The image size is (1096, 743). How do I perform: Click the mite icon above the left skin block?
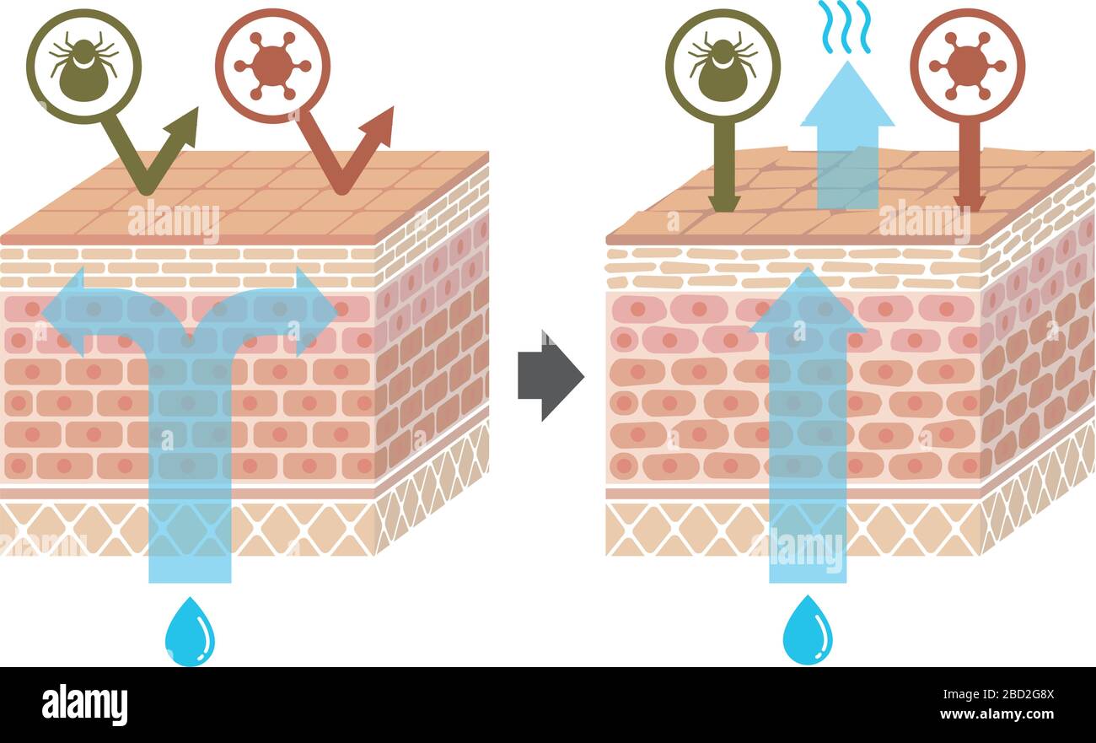click(83, 67)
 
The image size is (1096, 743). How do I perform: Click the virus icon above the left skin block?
click(272, 66)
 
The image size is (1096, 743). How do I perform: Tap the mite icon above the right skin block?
click(723, 67)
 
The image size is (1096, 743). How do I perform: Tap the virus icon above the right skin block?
click(967, 66)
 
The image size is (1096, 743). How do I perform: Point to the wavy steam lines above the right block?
click(844, 26)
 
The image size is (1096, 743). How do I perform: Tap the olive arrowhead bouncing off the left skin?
click(185, 127)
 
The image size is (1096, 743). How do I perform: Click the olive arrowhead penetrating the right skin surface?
click(723, 202)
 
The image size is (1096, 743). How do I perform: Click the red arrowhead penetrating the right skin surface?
click(970, 202)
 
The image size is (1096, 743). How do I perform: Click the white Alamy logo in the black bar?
click(84, 704)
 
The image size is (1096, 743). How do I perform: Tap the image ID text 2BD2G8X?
click(1012, 696)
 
